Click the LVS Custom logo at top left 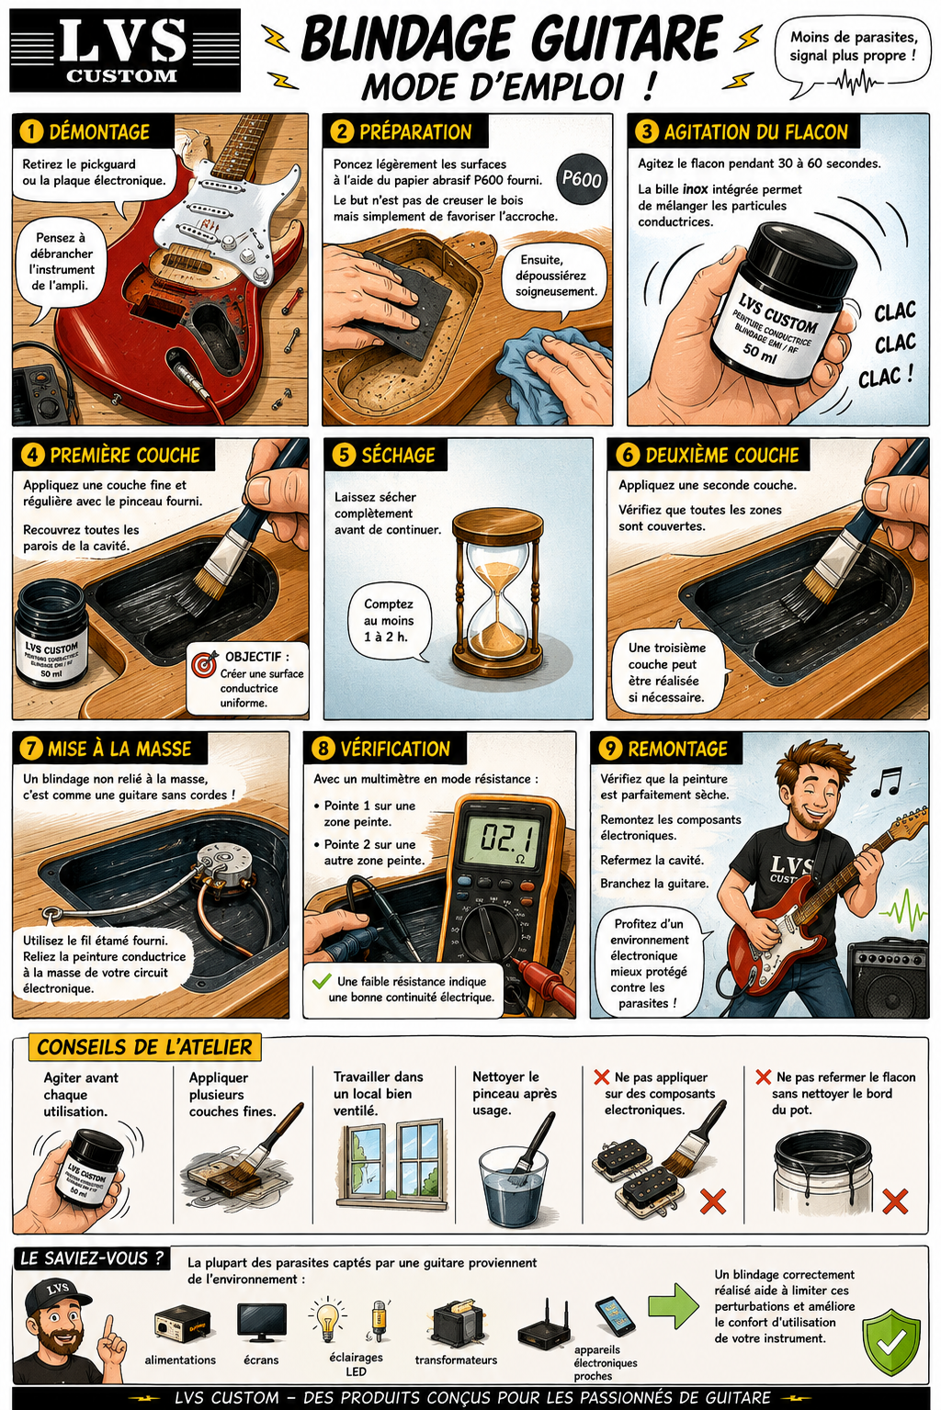125,51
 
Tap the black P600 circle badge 581,179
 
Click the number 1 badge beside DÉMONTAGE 31,131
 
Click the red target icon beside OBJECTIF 204,664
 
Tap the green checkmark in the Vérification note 322,980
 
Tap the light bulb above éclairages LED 327,1319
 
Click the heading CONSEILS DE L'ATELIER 144,1047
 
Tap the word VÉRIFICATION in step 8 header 395,749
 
